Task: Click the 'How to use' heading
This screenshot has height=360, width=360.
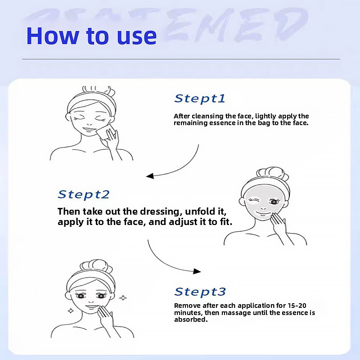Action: [x=91, y=36]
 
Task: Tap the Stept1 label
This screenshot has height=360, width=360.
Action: [x=199, y=99]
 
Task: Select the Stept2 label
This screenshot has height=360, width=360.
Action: [x=84, y=194]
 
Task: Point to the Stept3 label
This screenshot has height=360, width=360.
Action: [x=200, y=292]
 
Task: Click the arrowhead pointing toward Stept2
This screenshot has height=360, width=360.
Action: [x=150, y=176]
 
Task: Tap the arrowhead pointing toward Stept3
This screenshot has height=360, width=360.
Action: [x=197, y=271]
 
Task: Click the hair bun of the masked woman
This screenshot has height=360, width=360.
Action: [x=269, y=173]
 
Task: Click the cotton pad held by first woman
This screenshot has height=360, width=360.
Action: [x=110, y=134]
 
